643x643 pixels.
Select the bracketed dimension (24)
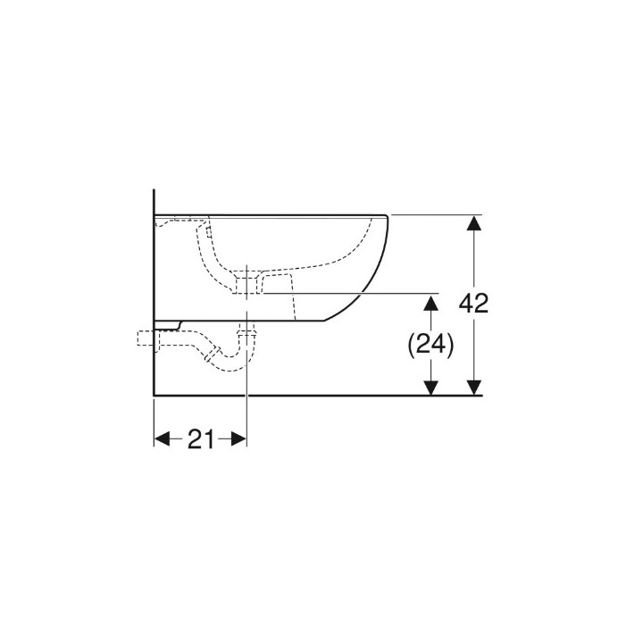point(430,344)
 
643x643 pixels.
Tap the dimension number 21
point(200,438)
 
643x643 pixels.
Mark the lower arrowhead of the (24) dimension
point(430,386)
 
